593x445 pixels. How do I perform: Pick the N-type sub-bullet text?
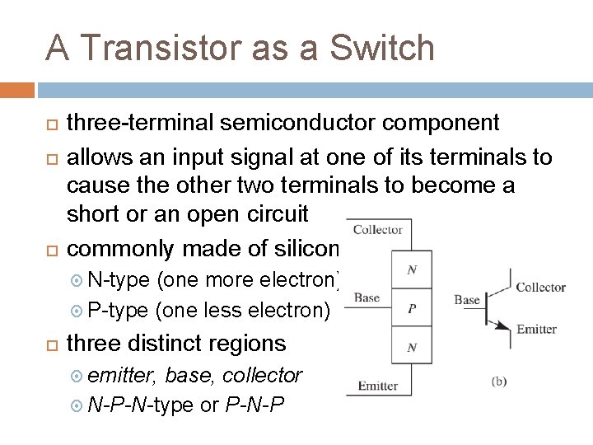[x=118, y=280]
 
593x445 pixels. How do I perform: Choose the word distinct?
[x=177, y=343]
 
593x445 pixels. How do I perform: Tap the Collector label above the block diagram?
[x=377, y=230]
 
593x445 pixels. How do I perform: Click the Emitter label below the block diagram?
[x=378, y=386]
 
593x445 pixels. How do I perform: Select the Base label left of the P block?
[x=367, y=297]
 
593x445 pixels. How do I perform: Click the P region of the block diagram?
[x=411, y=309]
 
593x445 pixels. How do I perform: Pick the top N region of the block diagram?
[x=411, y=269]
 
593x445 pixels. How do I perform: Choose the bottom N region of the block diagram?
[x=411, y=348]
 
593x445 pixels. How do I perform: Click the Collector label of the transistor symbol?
[x=540, y=288]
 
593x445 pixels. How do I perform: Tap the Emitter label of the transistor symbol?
[x=536, y=330]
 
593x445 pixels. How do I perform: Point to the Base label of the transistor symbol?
[x=467, y=300]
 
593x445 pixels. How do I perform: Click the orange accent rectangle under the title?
[x=17, y=89]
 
